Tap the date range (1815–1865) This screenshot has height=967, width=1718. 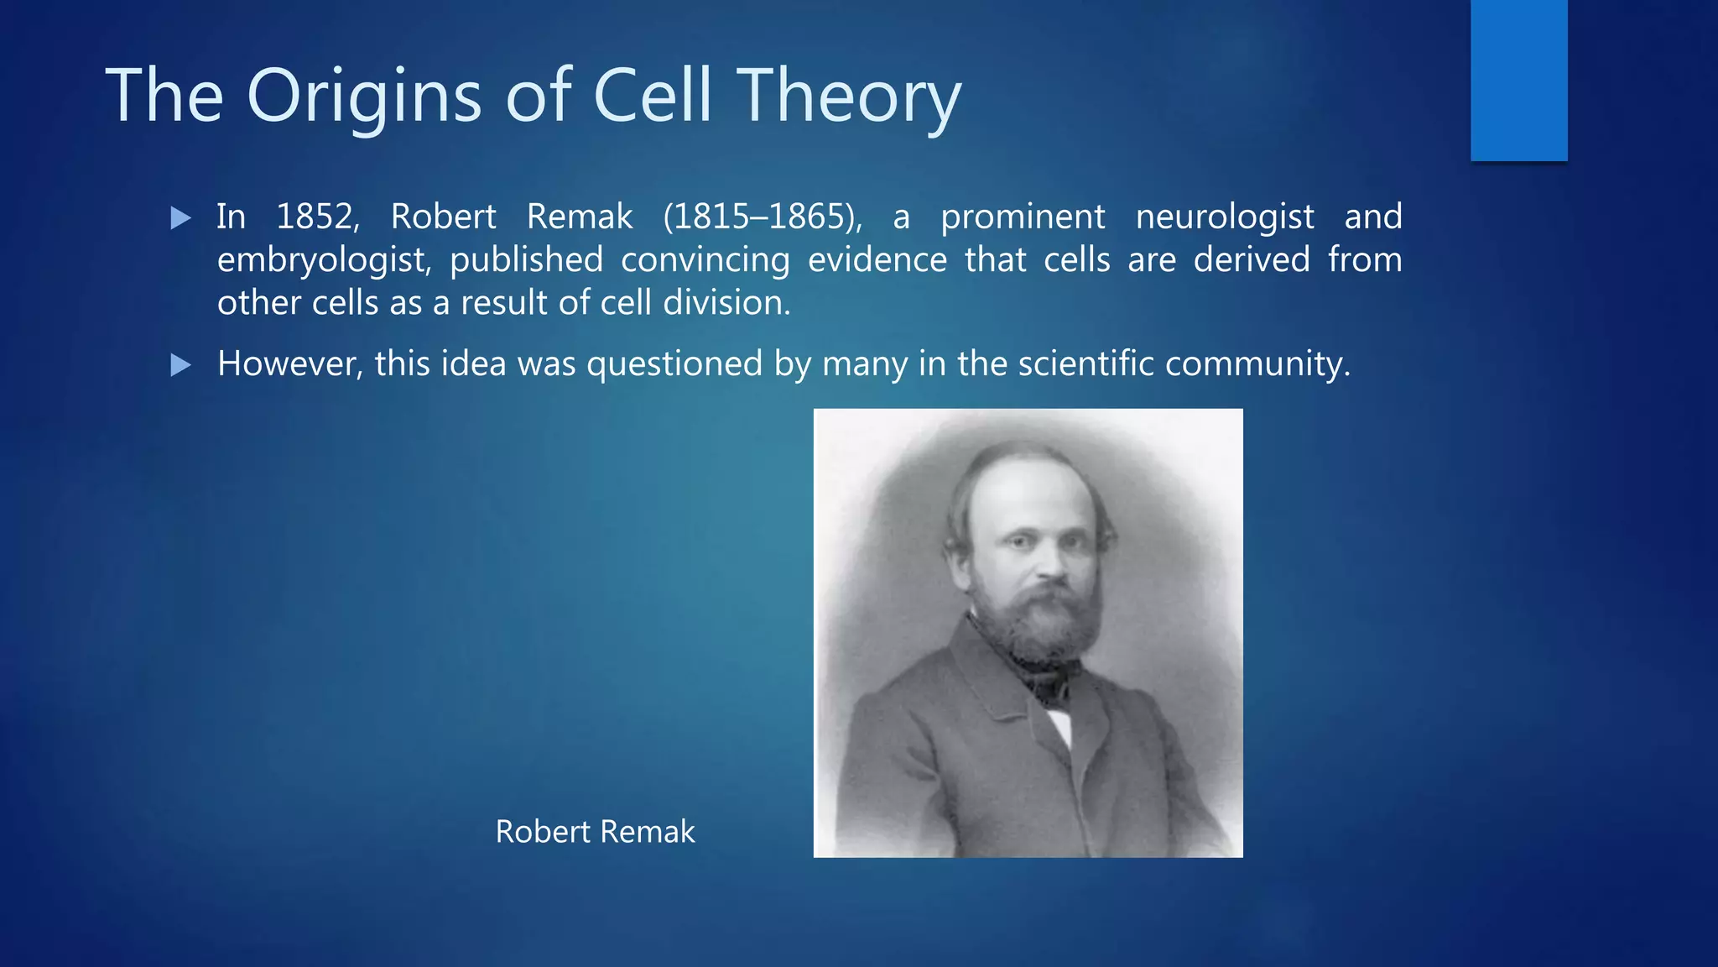click(x=762, y=217)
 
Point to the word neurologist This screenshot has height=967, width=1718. click(x=1224, y=217)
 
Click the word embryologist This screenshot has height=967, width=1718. click(x=324, y=260)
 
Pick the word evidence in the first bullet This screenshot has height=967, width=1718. click(x=877, y=259)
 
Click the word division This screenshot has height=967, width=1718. click(x=726, y=302)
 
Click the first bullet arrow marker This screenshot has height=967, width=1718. click(x=180, y=218)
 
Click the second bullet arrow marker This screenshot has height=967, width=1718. click(x=180, y=365)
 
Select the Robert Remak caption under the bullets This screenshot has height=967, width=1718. click(x=595, y=832)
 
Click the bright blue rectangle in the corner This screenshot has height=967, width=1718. click(x=1518, y=80)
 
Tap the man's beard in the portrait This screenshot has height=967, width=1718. click(x=1049, y=625)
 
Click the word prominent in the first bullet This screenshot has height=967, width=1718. click(x=1023, y=217)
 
